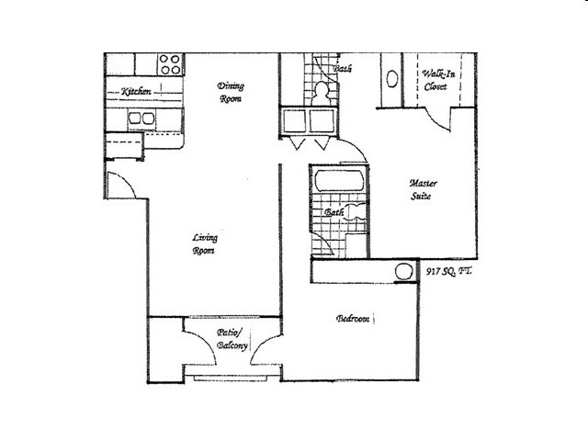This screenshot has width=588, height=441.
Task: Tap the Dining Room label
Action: click(x=231, y=93)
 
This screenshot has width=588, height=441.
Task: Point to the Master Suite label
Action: click(x=421, y=190)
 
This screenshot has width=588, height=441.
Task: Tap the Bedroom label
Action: click(x=353, y=319)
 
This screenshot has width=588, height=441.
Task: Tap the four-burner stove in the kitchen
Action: click(x=170, y=64)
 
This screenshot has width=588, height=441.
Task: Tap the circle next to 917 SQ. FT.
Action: click(x=401, y=272)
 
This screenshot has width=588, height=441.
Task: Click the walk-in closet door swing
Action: click(x=435, y=117)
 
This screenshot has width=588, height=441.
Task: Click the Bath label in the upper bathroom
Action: click(x=343, y=68)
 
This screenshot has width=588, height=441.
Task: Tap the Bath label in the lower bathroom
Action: click(x=334, y=214)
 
